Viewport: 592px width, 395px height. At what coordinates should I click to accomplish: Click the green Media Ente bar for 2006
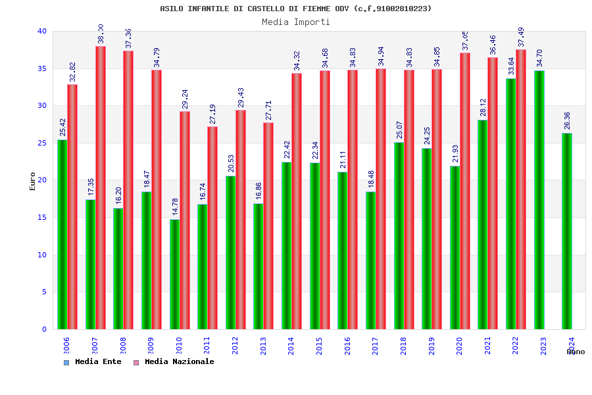(x=62, y=234)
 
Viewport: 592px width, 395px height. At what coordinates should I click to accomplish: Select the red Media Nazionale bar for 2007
(x=101, y=188)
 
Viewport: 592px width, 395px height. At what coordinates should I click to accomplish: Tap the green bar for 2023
(x=539, y=199)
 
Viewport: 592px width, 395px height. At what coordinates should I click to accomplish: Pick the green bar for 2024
(x=567, y=230)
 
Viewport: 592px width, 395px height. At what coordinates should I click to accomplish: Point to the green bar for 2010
(x=174, y=274)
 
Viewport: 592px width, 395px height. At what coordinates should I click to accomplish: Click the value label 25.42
(x=62, y=127)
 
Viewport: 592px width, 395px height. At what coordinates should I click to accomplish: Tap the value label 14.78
(x=175, y=207)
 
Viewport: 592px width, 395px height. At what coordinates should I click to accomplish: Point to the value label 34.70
(x=539, y=58)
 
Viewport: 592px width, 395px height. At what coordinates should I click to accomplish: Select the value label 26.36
(x=567, y=120)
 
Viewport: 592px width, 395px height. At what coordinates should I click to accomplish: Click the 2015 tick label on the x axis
(x=319, y=346)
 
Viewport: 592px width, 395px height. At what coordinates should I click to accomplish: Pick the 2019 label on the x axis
(x=432, y=346)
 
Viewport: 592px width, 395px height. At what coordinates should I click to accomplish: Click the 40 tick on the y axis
(x=42, y=31)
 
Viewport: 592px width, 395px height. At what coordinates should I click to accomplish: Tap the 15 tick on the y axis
(x=42, y=217)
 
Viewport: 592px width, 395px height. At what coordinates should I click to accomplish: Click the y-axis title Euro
(x=33, y=181)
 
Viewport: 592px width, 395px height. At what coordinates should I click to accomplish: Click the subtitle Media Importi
(x=296, y=22)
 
